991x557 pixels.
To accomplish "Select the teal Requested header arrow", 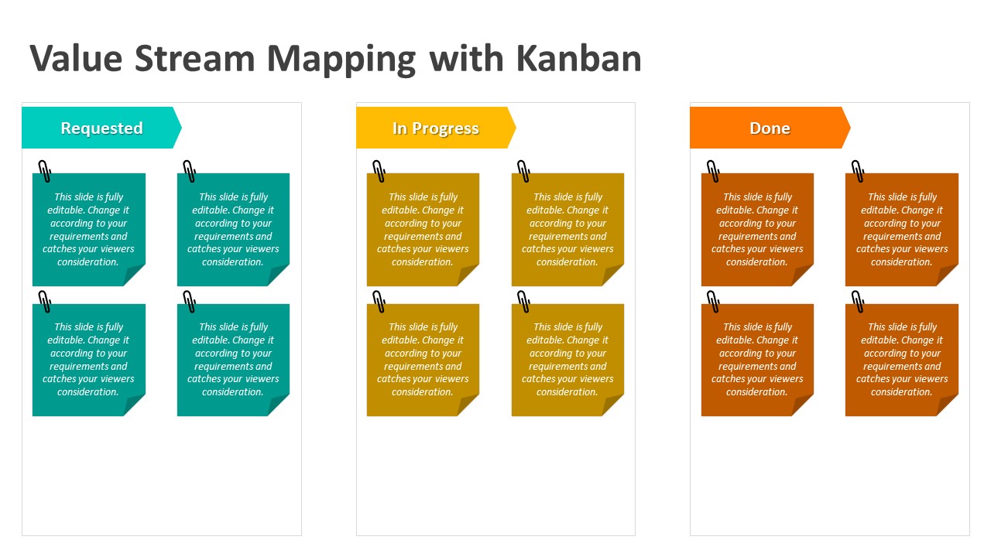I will [x=101, y=128].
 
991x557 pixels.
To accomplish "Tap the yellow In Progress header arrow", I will [x=435, y=128].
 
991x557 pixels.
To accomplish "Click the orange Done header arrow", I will [x=770, y=128].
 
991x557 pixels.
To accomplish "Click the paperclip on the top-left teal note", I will [x=45, y=171].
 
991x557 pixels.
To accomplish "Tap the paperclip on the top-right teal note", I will [x=189, y=171].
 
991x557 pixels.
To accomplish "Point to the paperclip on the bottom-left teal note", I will [x=45, y=301].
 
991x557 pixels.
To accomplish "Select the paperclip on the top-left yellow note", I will [x=379, y=171].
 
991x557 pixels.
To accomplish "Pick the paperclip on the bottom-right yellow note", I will [x=523, y=301].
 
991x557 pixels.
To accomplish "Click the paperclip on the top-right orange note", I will [x=858, y=171].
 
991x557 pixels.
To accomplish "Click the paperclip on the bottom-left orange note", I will [x=713, y=301].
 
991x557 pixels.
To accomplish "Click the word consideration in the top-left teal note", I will [x=87, y=262].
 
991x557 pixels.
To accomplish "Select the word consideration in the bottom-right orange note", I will [x=901, y=392].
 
